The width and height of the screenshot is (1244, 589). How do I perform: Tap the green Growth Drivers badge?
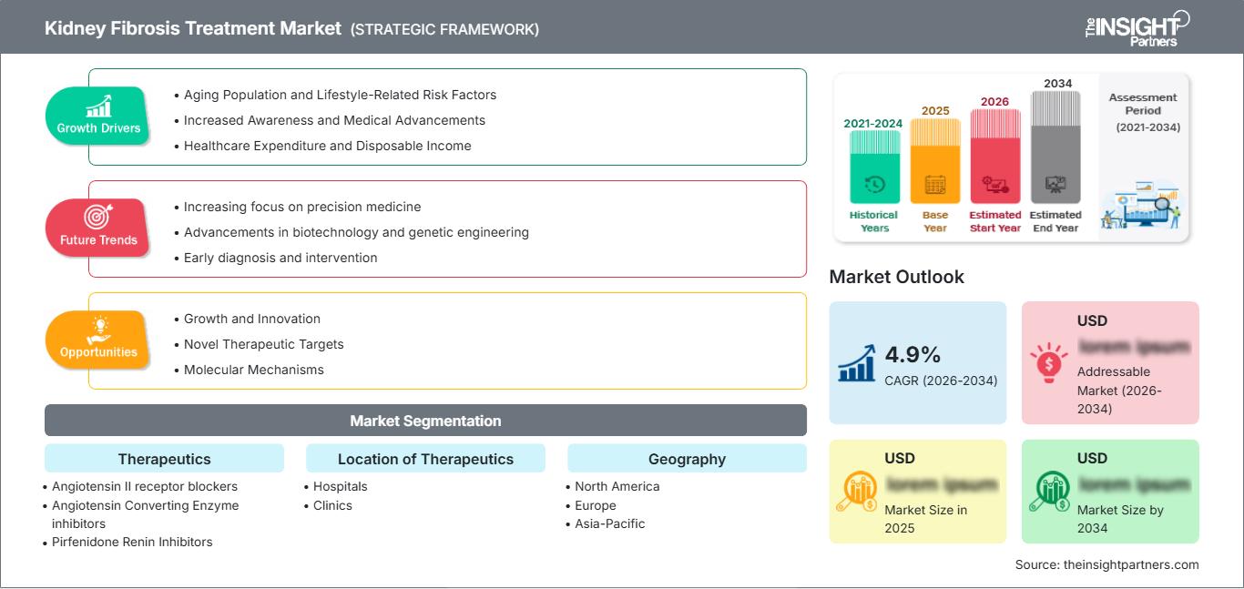[x=98, y=115]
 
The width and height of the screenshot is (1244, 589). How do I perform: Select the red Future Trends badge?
[x=98, y=227]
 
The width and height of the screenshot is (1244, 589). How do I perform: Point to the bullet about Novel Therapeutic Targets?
[x=263, y=344]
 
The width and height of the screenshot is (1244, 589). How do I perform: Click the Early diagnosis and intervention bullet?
[x=280, y=258]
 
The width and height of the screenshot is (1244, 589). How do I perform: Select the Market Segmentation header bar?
[x=425, y=421]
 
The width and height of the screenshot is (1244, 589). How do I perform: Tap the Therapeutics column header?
[x=164, y=459]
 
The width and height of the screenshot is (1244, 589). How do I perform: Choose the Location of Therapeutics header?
[x=425, y=459]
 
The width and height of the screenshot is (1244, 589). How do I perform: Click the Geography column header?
[x=687, y=459]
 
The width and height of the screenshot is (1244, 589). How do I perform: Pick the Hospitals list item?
[x=340, y=486]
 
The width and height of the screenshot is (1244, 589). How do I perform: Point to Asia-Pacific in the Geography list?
[x=609, y=523]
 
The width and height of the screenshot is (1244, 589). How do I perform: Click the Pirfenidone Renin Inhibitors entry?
[x=132, y=542]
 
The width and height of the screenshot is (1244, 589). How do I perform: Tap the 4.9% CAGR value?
[x=913, y=354]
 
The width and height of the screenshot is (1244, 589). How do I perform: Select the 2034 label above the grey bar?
[x=1057, y=84]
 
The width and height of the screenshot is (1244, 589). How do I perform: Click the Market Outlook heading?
[x=896, y=277]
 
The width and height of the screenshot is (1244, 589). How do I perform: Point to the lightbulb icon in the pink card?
[x=1048, y=361]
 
